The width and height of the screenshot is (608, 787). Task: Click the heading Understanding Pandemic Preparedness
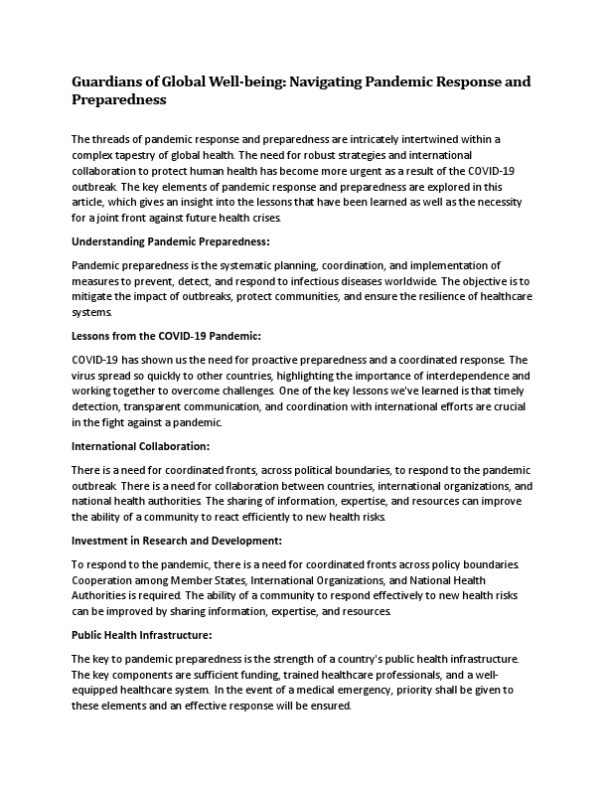pyautogui.click(x=171, y=241)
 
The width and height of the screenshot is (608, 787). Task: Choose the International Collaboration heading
pyautogui.click(x=140, y=447)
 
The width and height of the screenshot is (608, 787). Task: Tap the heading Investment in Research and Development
pyautogui.click(x=177, y=541)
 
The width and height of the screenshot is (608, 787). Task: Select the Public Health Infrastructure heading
pyautogui.click(x=143, y=634)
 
